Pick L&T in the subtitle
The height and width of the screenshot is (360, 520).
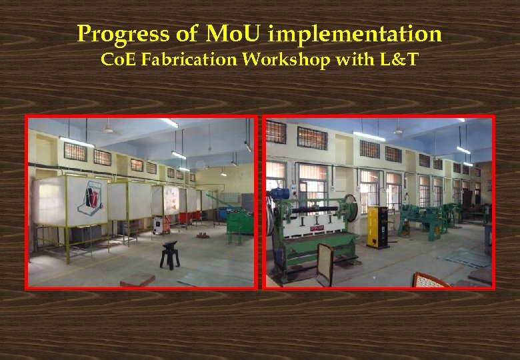click(x=400, y=59)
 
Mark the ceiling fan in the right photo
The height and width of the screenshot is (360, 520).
click(x=398, y=131)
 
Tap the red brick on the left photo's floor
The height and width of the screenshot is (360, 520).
click(x=137, y=280)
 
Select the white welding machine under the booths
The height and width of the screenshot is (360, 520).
click(x=161, y=225)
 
